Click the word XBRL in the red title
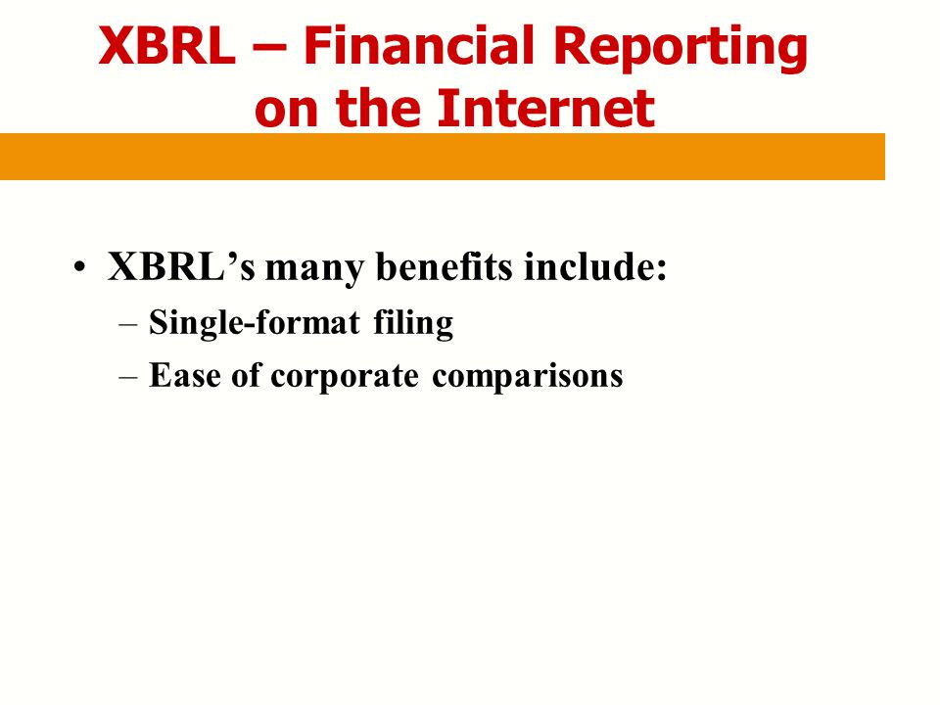click(x=167, y=46)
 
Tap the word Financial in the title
click(x=418, y=45)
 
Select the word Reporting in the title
click(x=680, y=49)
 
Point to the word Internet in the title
click(x=546, y=108)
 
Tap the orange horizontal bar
click(x=443, y=157)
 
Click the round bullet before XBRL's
click(x=79, y=267)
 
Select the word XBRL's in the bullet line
click(x=182, y=265)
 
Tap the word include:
click(x=595, y=265)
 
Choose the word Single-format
click(x=255, y=324)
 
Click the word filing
click(x=413, y=324)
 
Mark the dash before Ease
click(x=128, y=378)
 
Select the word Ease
click(x=185, y=375)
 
